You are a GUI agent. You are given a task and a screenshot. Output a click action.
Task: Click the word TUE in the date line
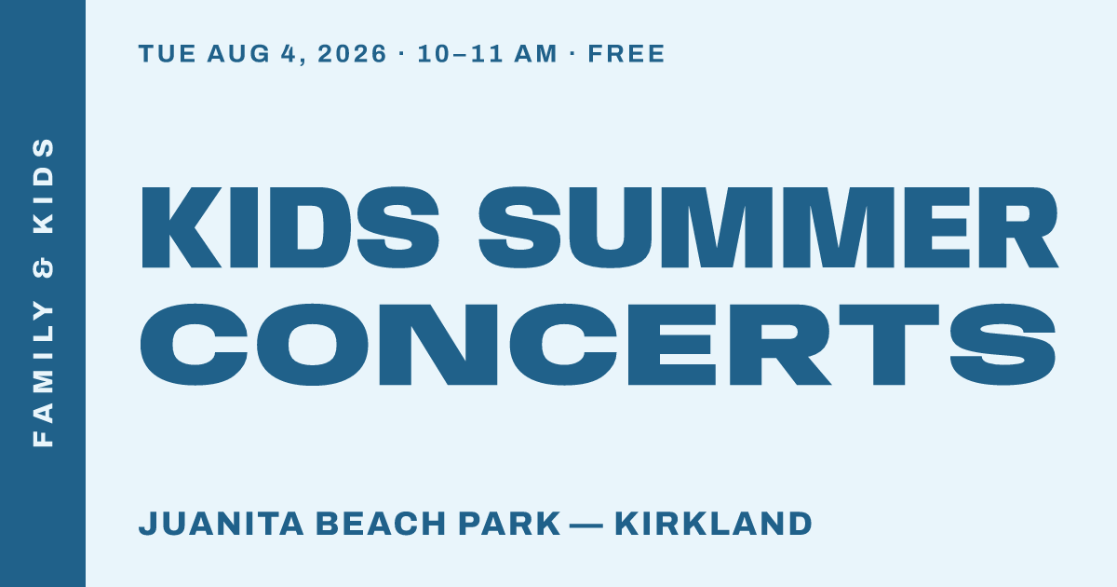(167, 53)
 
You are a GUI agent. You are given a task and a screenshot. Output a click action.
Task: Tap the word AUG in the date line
(238, 53)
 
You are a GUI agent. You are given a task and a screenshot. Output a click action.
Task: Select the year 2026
(352, 53)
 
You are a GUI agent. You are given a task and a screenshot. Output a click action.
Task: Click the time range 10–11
(460, 53)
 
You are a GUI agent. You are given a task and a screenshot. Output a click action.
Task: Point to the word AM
(535, 53)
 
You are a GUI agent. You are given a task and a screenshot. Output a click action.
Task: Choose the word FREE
(626, 53)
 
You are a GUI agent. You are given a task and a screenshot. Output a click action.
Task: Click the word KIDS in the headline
(290, 227)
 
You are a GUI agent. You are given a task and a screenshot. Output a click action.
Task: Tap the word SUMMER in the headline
(769, 227)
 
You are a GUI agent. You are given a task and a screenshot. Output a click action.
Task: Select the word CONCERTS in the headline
(598, 345)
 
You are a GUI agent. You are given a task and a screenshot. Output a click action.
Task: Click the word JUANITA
(221, 524)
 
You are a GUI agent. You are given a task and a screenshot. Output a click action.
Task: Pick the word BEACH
(381, 524)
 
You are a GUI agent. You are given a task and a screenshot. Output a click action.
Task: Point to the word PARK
(509, 524)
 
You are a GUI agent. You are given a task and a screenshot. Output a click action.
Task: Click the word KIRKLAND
(714, 524)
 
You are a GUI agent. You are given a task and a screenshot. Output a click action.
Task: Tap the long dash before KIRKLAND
(586, 526)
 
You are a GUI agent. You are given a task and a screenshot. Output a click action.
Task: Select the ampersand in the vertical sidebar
(43, 268)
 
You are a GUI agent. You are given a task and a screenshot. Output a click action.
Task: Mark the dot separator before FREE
(572, 54)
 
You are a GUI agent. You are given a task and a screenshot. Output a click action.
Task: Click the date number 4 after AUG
(289, 53)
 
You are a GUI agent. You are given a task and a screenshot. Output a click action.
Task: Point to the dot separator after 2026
(402, 54)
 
